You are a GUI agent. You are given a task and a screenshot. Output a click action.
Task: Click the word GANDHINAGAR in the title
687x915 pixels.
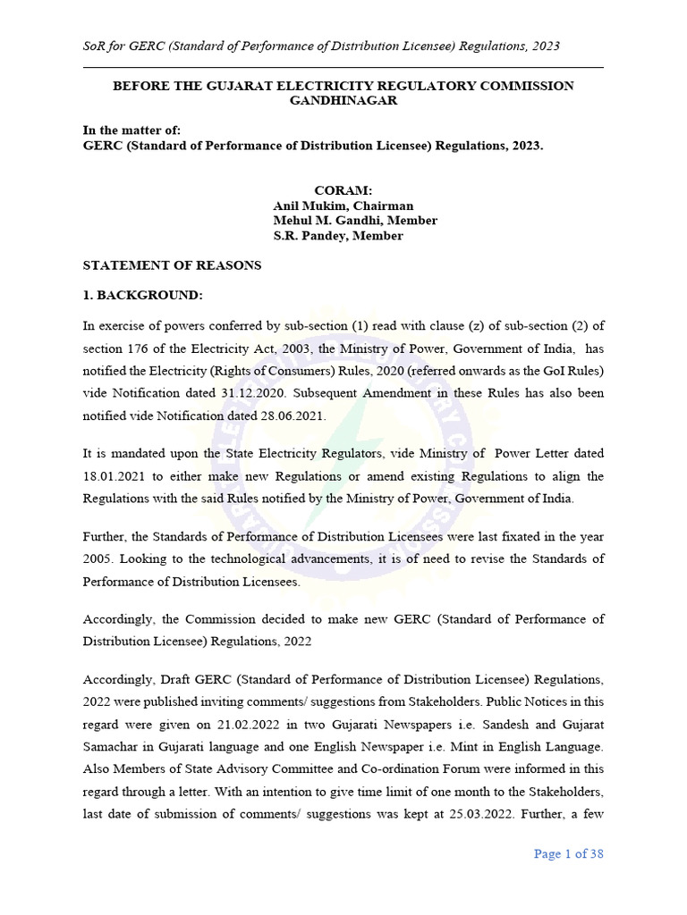[343, 101]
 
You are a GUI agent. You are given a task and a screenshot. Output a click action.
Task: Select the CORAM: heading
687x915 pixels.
[343, 191]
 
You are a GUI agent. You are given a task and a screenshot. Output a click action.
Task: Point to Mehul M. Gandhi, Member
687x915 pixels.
[354, 221]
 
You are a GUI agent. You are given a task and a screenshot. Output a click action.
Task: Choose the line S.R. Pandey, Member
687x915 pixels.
[337, 236]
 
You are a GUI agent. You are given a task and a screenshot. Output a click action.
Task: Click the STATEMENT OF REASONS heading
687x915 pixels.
[172, 265]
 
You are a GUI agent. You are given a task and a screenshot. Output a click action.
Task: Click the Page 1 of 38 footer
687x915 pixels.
[568, 853]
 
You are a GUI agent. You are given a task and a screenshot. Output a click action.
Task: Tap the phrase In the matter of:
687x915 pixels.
[131, 130]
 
